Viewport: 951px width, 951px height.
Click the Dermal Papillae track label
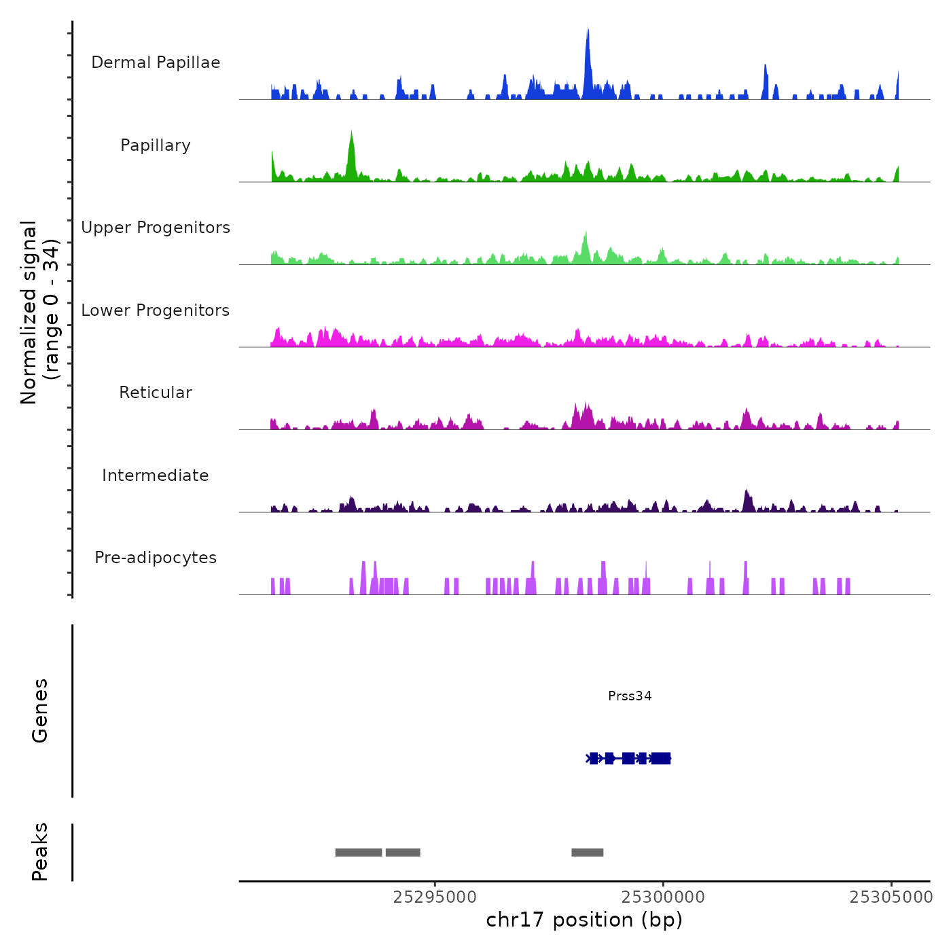point(156,62)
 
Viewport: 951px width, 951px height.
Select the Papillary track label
point(156,145)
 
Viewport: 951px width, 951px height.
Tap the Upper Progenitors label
point(156,228)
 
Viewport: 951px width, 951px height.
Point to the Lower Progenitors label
point(156,310)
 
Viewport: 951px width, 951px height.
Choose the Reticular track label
point(156,393)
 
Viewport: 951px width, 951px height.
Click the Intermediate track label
point(156,475)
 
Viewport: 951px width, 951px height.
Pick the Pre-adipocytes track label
point(156,558)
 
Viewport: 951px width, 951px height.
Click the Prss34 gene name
point(630,696)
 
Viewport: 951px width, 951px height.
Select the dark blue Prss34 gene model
point(629,758)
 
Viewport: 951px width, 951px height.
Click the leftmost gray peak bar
point(359,853)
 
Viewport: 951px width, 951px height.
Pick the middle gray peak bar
point(403,853)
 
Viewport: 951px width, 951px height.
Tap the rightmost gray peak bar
point(588,853)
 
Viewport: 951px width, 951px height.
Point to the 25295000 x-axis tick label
point(435,897)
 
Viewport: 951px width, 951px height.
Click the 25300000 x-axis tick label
point(663,897)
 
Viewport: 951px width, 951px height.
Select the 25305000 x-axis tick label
point(891,897)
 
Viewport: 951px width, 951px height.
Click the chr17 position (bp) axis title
point(584,920)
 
